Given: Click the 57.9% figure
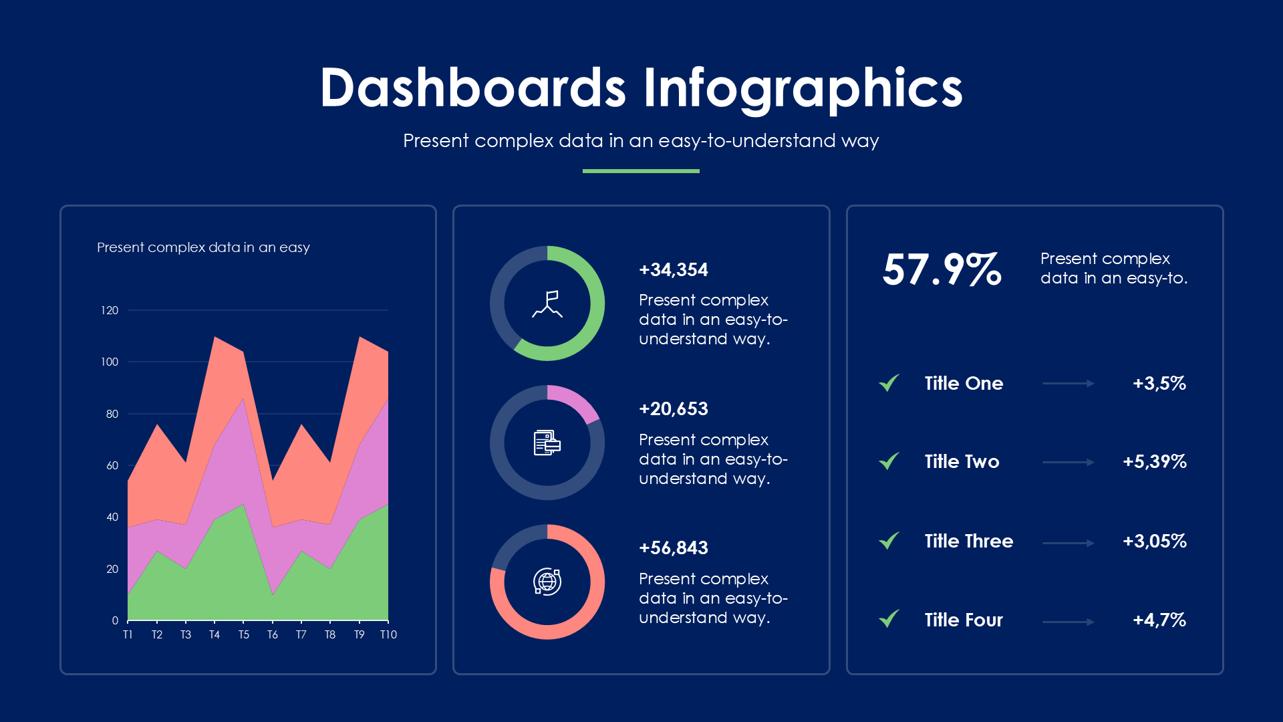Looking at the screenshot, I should tap(942, 269).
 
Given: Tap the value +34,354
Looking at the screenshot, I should tap(673, 269).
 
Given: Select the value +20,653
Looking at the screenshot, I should tap(673, 408).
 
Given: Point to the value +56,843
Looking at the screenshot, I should tap(673, 548).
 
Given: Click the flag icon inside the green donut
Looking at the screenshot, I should tap(547, 304).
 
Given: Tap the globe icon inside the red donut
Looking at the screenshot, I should tap(547, 582).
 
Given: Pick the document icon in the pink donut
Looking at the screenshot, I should tap(547, 443).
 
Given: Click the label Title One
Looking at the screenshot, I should tap(964, 383).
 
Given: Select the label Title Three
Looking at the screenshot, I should tap(968, 541).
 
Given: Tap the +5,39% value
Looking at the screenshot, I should tap(1154, 461).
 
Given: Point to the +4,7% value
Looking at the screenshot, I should tap(1159, 620).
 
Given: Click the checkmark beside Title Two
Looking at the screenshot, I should tap(889, 461).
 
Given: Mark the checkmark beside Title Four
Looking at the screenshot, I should tap(889, 618).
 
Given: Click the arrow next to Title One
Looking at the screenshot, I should tap(1068, 384).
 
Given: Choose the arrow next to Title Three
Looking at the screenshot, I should tap(1068, 543).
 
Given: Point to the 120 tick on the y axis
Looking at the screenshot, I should tap(110, 310).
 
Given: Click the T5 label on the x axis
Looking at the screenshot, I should tap(243, 634).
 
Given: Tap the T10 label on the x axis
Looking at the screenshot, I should tap(388, 634).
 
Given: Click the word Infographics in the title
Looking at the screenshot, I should tap(803, 88).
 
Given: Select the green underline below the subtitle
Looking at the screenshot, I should tap(641, 171).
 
